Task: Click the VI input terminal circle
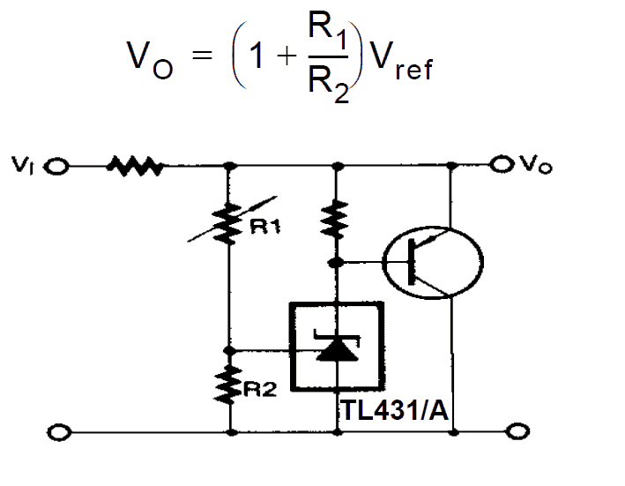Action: pyautogui.click(x=57, y=166)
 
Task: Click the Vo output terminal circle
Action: pyautogui.click(x=501, y=164)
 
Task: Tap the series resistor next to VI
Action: pyautogui.click(x=133, y=166)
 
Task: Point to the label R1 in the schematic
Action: pyautogui.click(x=264, y=228)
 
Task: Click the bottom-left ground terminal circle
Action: pyautogui.click(x=59, y=432)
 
